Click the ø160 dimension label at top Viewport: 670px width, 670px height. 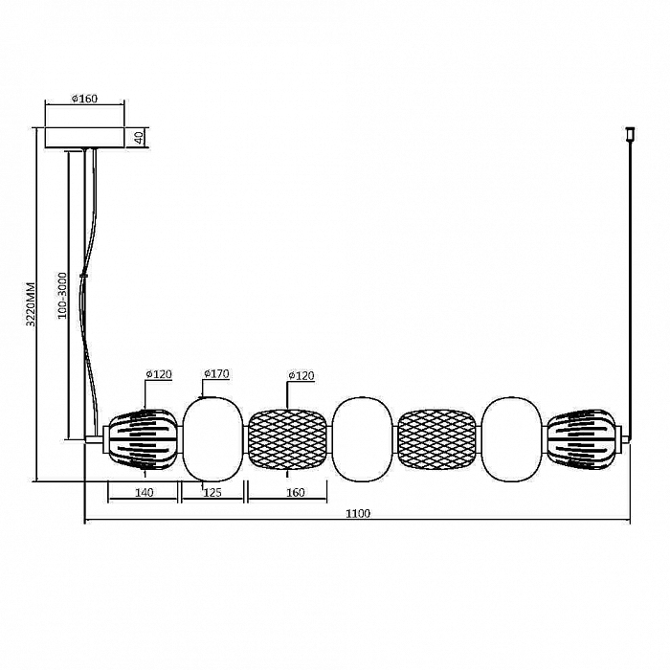(x=85, y=99)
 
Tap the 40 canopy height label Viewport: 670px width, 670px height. (x=139, y=138)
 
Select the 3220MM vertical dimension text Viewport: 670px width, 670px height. (x=31, y=304)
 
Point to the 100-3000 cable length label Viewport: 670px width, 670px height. (x=62, y=295)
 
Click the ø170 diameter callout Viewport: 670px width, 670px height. (x=216, y=374)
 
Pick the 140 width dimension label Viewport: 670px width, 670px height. (x=144, y=493)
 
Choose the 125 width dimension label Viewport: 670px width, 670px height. (x=212, y=493)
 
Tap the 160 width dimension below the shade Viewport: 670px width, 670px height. (x=295, y=493)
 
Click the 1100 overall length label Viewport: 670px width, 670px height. (x=358, y=513)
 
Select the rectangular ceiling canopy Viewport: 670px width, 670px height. (x=84, y=138)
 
